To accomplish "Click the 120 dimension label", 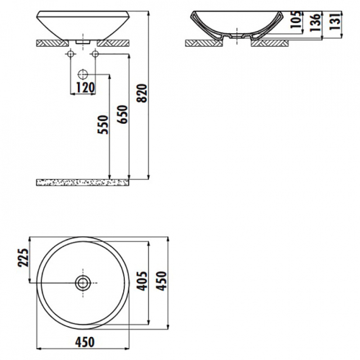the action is pos(85,88).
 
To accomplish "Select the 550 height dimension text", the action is pos(104,125).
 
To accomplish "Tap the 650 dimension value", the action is pos(122,114).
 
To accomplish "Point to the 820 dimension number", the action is pos(142,94).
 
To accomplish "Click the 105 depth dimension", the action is pos(296,19).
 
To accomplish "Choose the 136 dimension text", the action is pos(315,22).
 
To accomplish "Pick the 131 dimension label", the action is pos(335,21).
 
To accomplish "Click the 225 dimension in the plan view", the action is pos(23,257).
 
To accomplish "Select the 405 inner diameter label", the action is pos(143,281).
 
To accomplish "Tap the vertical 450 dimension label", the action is pos(161,281).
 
